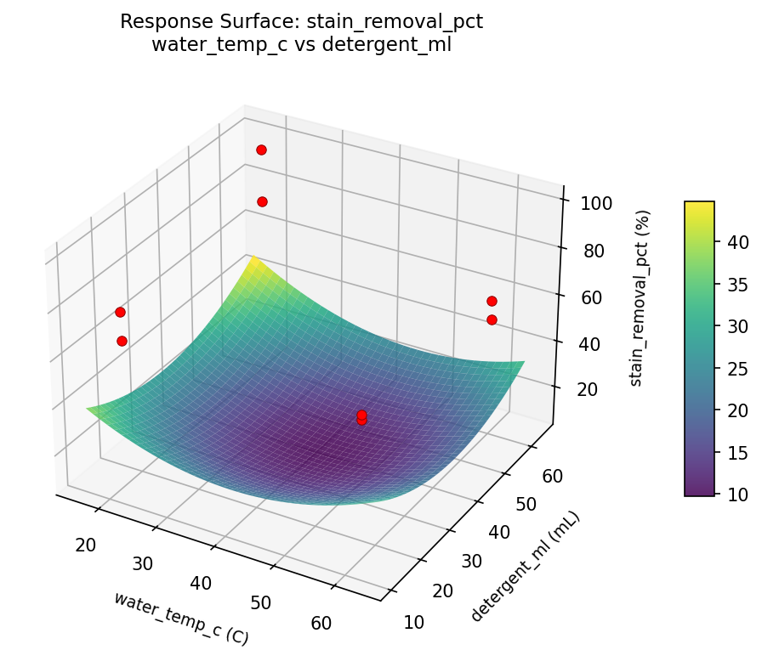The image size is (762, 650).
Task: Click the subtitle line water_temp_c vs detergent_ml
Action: (x=301, y=45)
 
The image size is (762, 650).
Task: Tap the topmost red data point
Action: (x=261, y=150)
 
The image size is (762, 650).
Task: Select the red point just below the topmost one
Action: (x=262, y=201)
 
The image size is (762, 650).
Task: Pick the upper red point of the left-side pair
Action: (x=121, y=312)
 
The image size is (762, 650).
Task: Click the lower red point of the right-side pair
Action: (x=492, y=319)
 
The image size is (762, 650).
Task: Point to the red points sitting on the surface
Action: (x=361, y=416)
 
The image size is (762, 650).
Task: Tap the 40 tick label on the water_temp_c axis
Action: (x=202, y=583)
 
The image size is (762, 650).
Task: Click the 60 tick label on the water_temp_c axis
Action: (x=321, y=623)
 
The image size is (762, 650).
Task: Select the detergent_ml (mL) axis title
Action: (x=524, y=567)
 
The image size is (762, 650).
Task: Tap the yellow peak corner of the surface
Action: (x=250, y=257)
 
